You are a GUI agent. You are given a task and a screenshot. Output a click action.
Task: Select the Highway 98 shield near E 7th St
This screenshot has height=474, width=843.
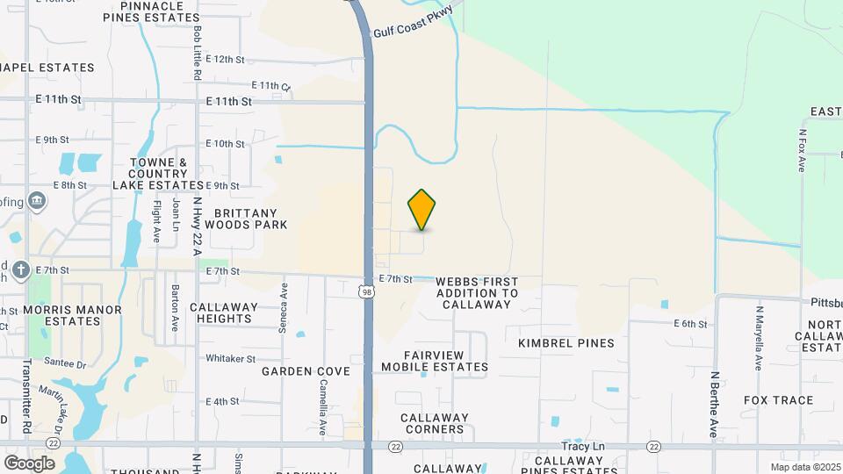point(367,290)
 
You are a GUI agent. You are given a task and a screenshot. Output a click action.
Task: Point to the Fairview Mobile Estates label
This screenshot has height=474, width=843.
point(435,360)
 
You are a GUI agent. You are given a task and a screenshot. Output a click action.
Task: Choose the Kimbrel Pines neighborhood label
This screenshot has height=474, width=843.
point(566,343)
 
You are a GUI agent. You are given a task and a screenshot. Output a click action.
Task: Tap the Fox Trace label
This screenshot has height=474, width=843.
point(778,400)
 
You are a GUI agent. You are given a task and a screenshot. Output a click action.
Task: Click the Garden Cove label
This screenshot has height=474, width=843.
point(306,371)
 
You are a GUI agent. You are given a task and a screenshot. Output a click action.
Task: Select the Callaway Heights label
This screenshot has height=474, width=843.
point(224,313)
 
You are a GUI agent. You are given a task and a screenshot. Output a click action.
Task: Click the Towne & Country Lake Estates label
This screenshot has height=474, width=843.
point(159,174)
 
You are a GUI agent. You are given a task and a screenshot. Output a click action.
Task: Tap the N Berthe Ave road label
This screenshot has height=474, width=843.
point(715,404)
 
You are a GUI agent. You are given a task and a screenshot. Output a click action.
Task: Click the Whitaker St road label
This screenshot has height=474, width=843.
point(230,358)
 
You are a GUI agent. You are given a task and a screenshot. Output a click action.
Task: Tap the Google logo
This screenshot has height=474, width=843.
point(29,463)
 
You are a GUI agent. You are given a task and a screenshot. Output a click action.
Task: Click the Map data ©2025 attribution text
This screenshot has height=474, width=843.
point(805,467)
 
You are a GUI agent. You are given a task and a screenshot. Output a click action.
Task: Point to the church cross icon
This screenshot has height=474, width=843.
point(21,269)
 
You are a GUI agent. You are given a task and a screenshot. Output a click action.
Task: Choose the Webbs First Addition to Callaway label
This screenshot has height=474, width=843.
point(477,292)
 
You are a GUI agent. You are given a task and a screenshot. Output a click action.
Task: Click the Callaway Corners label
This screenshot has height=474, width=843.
point(434,424)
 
